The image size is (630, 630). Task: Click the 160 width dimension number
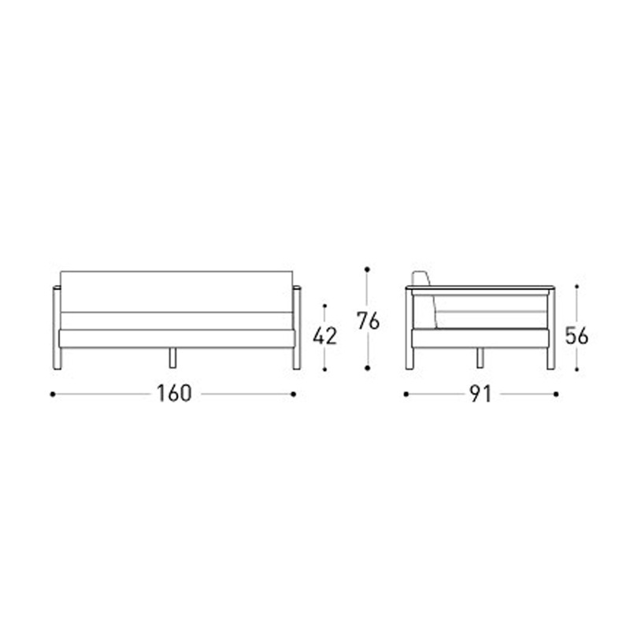coord(174,394)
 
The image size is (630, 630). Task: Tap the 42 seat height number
coord(324,336)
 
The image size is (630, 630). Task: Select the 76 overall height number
coord(368,321)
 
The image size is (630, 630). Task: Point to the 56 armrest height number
coord(576,336)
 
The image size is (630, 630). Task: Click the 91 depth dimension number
coord(481,395)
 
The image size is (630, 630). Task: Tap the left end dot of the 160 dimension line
coord(53,395)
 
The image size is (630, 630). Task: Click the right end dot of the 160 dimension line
coord(293,395)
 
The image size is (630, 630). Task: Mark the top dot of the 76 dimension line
coord(367,269)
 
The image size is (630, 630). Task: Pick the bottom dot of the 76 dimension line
coord(367,368)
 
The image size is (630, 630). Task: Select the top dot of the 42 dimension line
coord(324,306)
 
